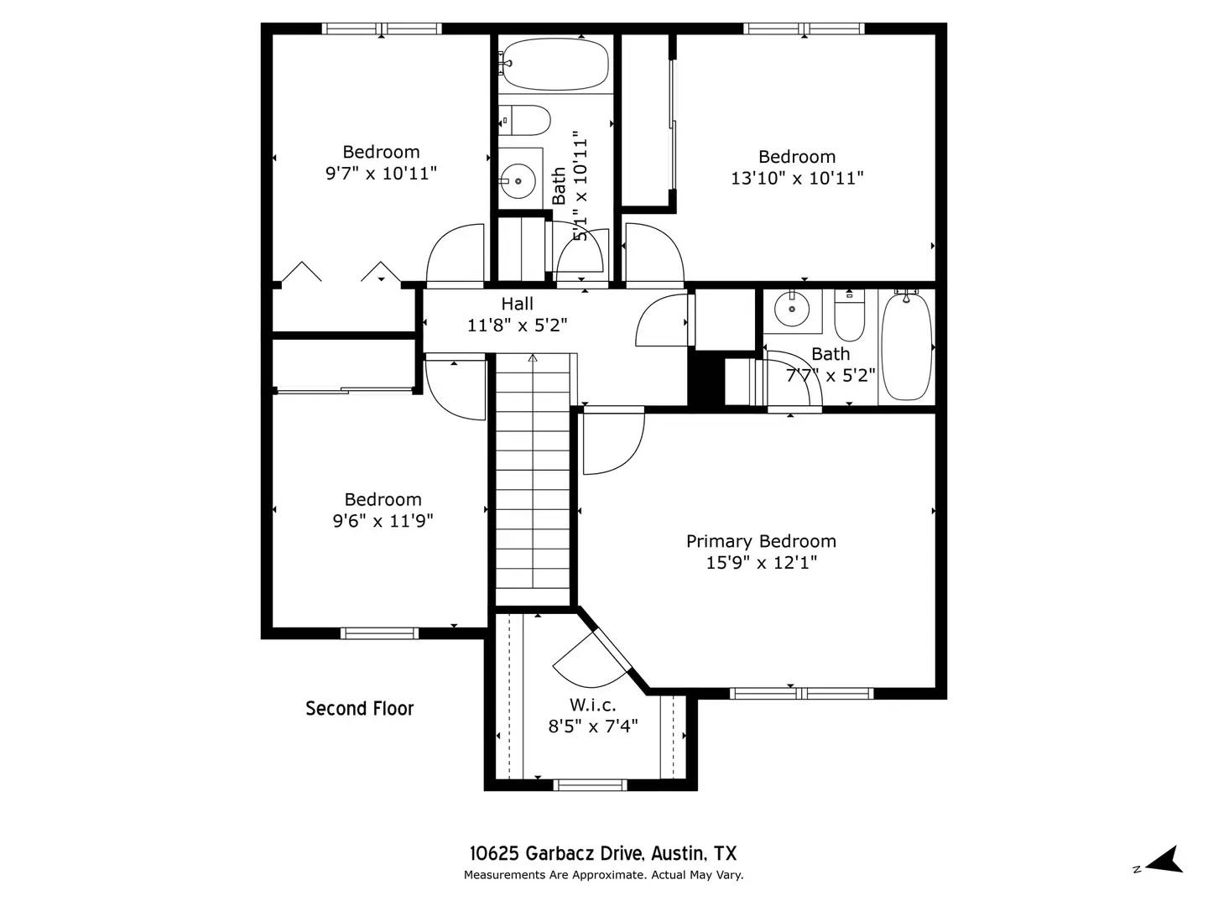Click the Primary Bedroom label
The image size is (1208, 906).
[x=761, y=541]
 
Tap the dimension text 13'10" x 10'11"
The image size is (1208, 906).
[x=797, y=178]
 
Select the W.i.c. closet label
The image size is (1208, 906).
[x=592, y=705]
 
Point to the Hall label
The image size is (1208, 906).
[x=517, y=304]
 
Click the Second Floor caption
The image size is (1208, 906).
[x=359, y=709]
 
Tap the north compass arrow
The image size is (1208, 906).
[x=1164, y=861]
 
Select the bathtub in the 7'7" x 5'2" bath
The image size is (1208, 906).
[x=906, y=346]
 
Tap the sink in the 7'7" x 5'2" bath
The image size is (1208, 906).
[x=790, y=309]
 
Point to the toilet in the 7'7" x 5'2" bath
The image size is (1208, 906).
[x=849, y=314]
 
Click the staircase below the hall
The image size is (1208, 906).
[x=533, y=478]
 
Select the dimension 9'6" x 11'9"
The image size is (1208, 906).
[x=383, y=521]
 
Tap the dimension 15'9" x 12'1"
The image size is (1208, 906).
[x=761, y=562]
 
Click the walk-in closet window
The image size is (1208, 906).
[x=590, y=785]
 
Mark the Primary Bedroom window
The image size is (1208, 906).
[x=801, y=693]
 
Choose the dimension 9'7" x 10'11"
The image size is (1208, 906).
[x=381, y=174]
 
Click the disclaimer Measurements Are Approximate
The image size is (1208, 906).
[x=603, y=875]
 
